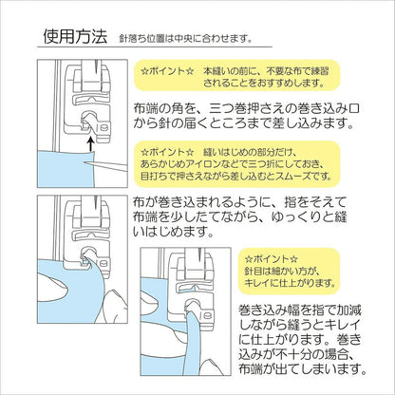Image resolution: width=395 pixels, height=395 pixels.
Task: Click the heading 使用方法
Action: [x=75, y=37]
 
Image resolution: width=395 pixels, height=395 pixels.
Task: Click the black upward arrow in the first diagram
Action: [x=91, y=143]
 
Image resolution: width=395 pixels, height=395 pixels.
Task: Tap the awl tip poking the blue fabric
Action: [x=85, y=162]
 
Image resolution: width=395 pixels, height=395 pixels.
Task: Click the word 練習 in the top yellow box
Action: [x=318, y=70]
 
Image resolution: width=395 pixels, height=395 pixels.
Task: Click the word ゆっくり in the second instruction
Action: [x=286, y=217]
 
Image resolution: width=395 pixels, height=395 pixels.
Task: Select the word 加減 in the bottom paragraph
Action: [x=348, y=310]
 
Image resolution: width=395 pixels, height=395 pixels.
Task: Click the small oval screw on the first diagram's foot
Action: [x=103, y=128]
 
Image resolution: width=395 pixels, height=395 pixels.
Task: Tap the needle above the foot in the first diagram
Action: [x=95, y=66]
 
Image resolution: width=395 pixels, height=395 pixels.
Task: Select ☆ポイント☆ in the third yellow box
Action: [x=272, y=259]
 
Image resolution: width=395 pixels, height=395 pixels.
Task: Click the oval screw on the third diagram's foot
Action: [x=208, y=315]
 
